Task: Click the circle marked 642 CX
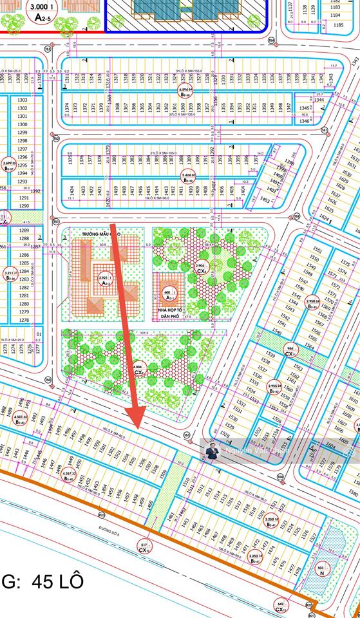click(280, 605)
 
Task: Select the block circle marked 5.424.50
click(188, 176)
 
